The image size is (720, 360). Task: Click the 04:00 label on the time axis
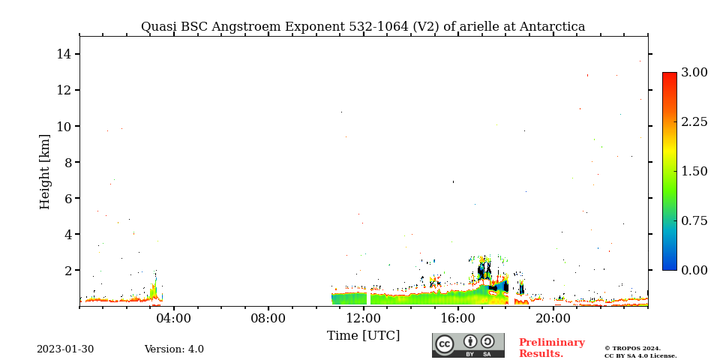174,318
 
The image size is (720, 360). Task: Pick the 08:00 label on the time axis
268,318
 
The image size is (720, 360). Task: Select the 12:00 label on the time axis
363,318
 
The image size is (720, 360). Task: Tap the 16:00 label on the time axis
457,318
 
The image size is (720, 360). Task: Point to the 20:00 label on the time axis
553,318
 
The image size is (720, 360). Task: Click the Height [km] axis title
44,172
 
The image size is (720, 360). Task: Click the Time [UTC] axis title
363,336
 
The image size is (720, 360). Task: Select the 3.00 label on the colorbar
694,73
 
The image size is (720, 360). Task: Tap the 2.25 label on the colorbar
694,122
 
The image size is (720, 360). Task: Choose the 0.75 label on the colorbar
694,220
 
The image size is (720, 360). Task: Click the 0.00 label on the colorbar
694,270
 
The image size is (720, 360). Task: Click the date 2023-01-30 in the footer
65,349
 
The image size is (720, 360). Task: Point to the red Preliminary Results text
552,348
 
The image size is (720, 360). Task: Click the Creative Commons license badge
468,345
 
